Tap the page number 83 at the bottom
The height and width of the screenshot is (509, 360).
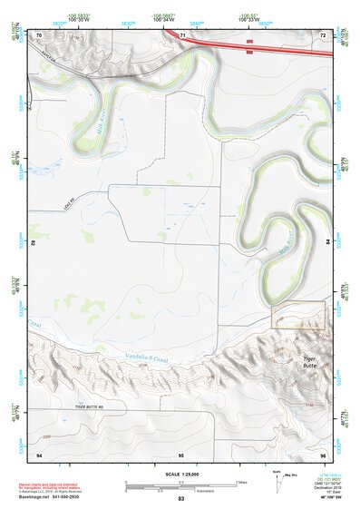click(x=180, y=499)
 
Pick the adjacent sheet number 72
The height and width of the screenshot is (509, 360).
click(x=322, y=34)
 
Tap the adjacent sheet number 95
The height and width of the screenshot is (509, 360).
click(x=181, y=453)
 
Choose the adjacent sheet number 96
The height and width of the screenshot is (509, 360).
click(x=322, y=453)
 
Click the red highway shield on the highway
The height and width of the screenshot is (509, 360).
click(x=248, y=42)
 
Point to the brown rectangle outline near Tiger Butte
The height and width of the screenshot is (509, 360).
click(x=298, y=315)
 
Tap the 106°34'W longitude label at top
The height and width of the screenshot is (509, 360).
click(x=163, y=18)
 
